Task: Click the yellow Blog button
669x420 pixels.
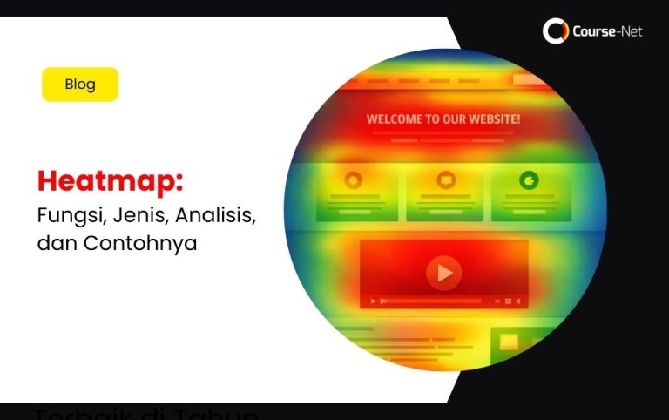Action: pyautogui.click(x=80, y=85)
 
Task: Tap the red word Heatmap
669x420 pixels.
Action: pyautogui.click(x=110, y=182)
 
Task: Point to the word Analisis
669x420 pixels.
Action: pyautogui.click(x=215, y=213)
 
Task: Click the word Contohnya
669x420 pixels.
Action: pyautogui.click(x=140, y=243)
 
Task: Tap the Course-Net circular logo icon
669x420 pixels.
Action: pyautogui.click(x=555, y=31)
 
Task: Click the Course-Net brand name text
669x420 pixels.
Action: pyautogui.click(x=607, y=32)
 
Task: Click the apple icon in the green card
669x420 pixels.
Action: pyautogui.click(x=529, y=180)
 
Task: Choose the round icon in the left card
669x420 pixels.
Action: pyautogui.click(x=353, y=180)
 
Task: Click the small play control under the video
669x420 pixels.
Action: pyautogui.click(x=374, y=301)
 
